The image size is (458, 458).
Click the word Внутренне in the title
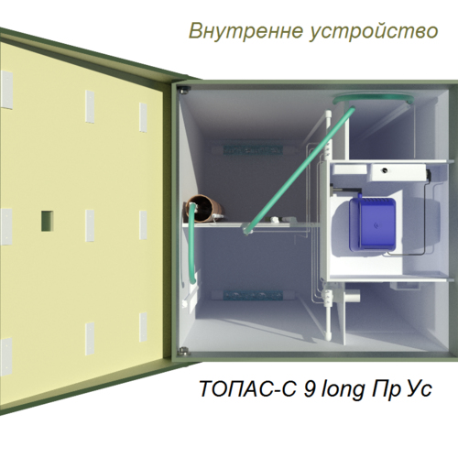click(x=246, y=31)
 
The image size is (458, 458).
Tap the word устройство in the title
click(x=374, y=32)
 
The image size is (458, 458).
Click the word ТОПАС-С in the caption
click(x=247, y=388)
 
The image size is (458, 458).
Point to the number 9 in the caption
click(x=309, y=388)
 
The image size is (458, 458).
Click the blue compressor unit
click(x=373, y=224)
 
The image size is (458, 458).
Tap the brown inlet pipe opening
click(x=204, y=208)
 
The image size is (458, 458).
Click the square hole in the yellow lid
click(x=48, y=221)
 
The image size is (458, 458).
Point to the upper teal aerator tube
click(x=252, y=149)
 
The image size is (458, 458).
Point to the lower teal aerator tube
click(x=253, y=296)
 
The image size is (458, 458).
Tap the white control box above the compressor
click(x=398, y=171)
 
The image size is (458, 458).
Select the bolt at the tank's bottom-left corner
click(x=184, y=351)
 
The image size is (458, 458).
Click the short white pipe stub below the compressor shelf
click(x=352, y=296)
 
